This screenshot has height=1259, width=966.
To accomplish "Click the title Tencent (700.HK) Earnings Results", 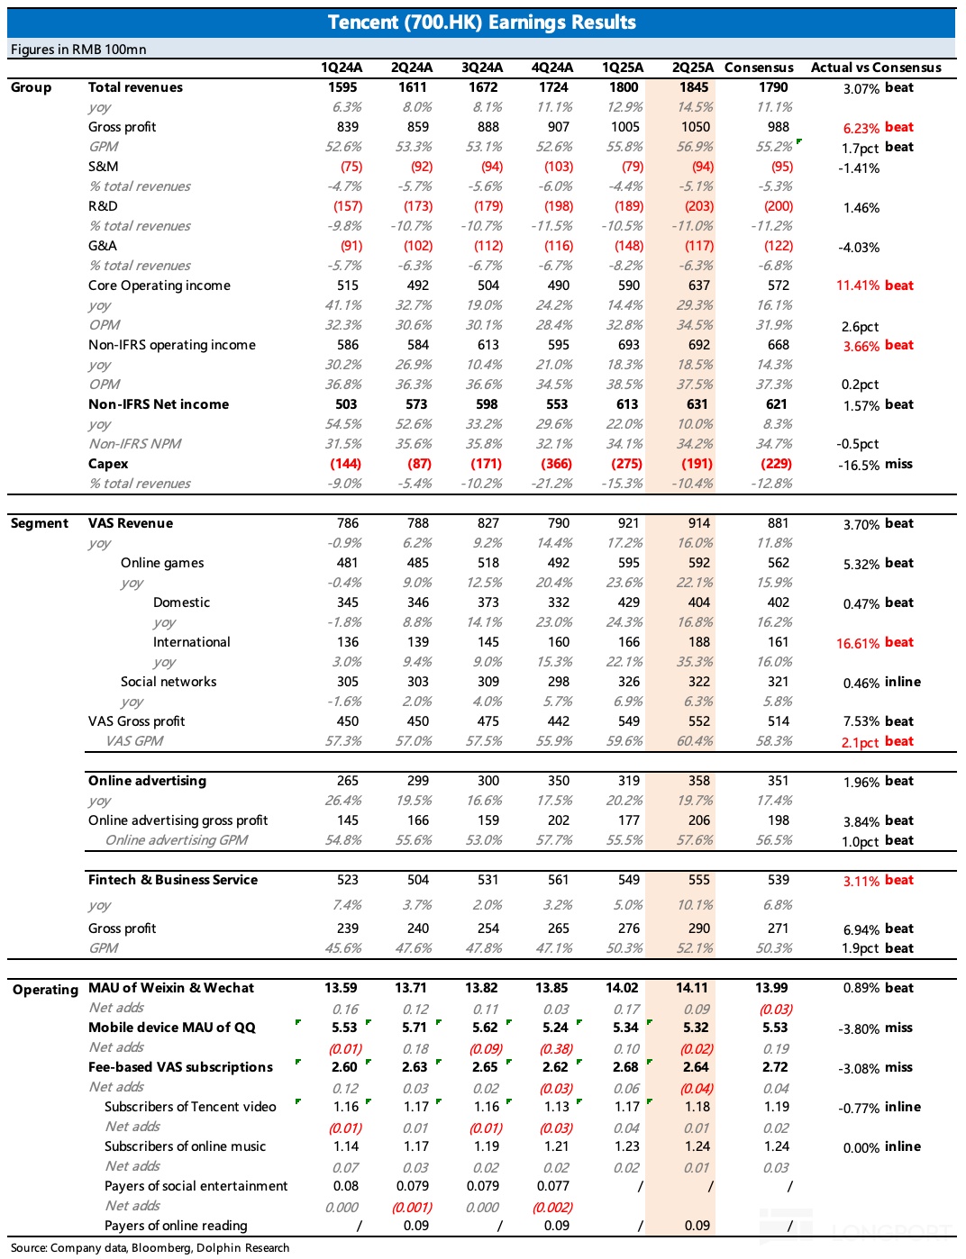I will [482, 23].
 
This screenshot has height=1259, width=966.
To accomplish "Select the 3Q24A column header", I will [482, 68].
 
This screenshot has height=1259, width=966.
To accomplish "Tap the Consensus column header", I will [759, 68].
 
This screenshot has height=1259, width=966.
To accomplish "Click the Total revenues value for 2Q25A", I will [694, 87].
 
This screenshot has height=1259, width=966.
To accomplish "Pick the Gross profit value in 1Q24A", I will [347, 127].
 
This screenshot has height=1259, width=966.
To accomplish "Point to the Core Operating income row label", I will [159, 285].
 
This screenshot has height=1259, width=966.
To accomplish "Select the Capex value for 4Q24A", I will [556, 464].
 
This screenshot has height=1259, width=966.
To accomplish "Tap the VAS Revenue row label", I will [131, 523].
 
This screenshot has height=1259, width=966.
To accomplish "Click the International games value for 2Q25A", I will [699, 642].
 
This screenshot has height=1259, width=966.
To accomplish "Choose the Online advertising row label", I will [147, 781].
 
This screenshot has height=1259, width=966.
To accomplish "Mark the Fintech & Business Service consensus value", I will [778, 880].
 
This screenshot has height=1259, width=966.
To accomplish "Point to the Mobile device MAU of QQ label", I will [172, 1028].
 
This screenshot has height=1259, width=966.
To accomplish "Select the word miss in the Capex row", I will [898, 464].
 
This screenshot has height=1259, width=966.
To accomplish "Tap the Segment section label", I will [40, 523].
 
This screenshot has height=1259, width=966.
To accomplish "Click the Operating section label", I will [45, 990].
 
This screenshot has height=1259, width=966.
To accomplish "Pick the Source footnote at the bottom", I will [150, 1247].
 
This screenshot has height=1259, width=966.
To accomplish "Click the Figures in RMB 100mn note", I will [78, 50].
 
